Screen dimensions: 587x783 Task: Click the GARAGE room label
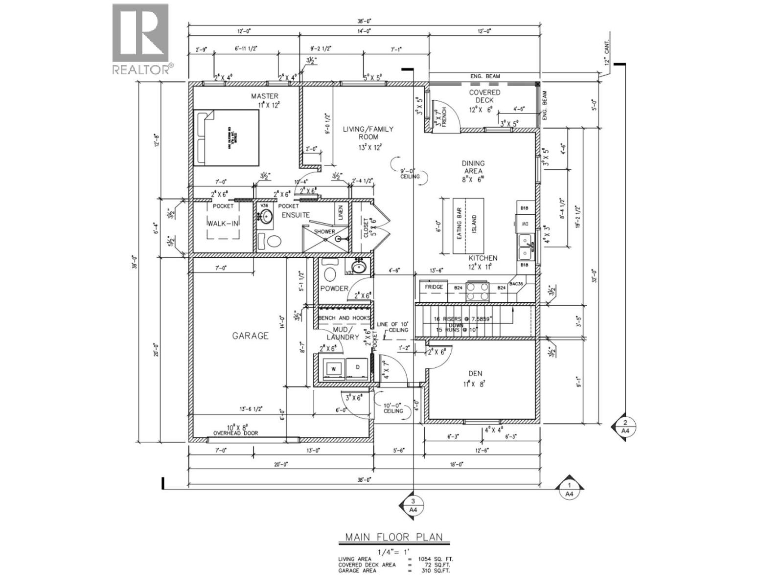point(250,336)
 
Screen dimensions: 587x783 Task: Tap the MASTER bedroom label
point(265,96)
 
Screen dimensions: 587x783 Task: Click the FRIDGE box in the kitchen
point(434,287)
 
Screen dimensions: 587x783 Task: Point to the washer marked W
point(333,369)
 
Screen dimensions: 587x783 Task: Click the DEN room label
point(475,374)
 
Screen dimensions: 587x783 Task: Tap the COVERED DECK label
point(484,96)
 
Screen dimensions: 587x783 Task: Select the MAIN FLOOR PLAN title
point(394,537)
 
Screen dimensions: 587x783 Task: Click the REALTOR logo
point(142,39)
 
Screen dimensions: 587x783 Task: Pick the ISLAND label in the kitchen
point(474,225)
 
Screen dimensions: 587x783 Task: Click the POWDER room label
point(334,289)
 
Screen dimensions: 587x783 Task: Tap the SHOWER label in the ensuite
point(324,232)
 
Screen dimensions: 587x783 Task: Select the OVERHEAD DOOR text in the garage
point(235,433)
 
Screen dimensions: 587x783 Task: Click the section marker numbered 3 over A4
point(413,505)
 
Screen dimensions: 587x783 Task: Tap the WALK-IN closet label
point(223,224)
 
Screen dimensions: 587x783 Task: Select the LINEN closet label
point(341,212)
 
